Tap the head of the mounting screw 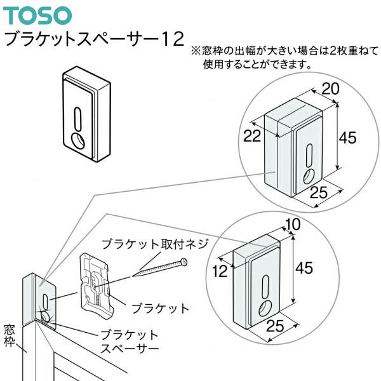coord(184,261)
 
